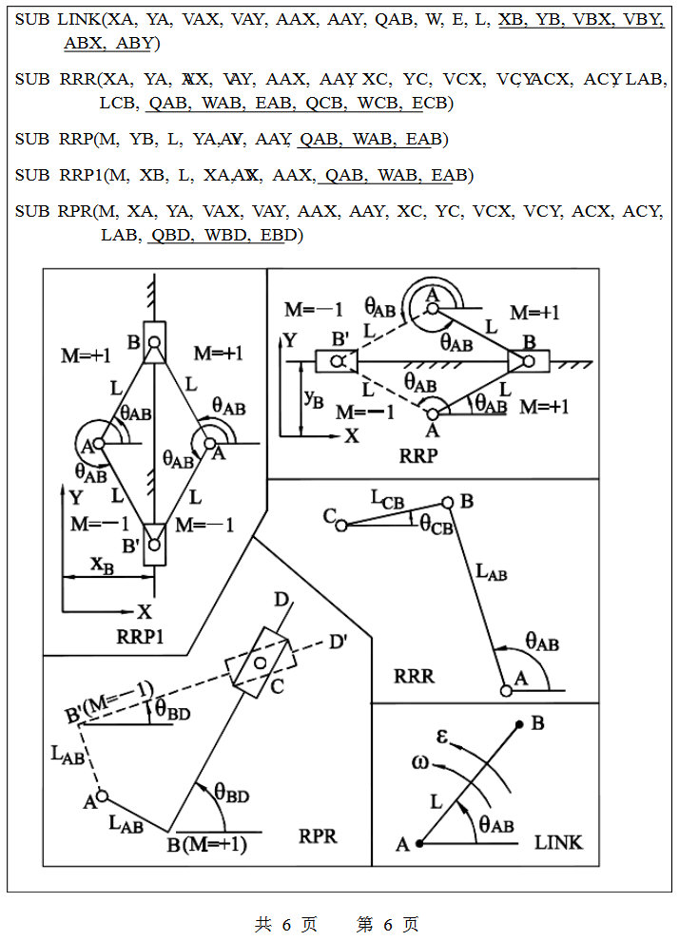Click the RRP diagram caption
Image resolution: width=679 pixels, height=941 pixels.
418,456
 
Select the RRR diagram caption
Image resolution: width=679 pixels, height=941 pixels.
414,676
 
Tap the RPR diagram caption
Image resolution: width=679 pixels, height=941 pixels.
319,836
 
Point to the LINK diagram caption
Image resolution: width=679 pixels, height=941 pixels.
558,841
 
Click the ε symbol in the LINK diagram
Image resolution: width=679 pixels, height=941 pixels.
442,736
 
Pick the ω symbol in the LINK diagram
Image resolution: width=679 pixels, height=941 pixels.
419,762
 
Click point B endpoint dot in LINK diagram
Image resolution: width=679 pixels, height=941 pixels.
519,724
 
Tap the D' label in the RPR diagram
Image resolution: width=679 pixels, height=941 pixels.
337,642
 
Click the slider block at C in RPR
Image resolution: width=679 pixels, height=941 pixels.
257,663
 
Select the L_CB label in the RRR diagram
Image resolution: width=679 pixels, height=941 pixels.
386,497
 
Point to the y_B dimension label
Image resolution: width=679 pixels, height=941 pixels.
313,396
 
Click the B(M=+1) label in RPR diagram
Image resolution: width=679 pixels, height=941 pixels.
206,843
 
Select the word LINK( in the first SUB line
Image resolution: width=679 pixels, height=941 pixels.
81,18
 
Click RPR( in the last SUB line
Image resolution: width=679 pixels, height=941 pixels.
78,211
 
